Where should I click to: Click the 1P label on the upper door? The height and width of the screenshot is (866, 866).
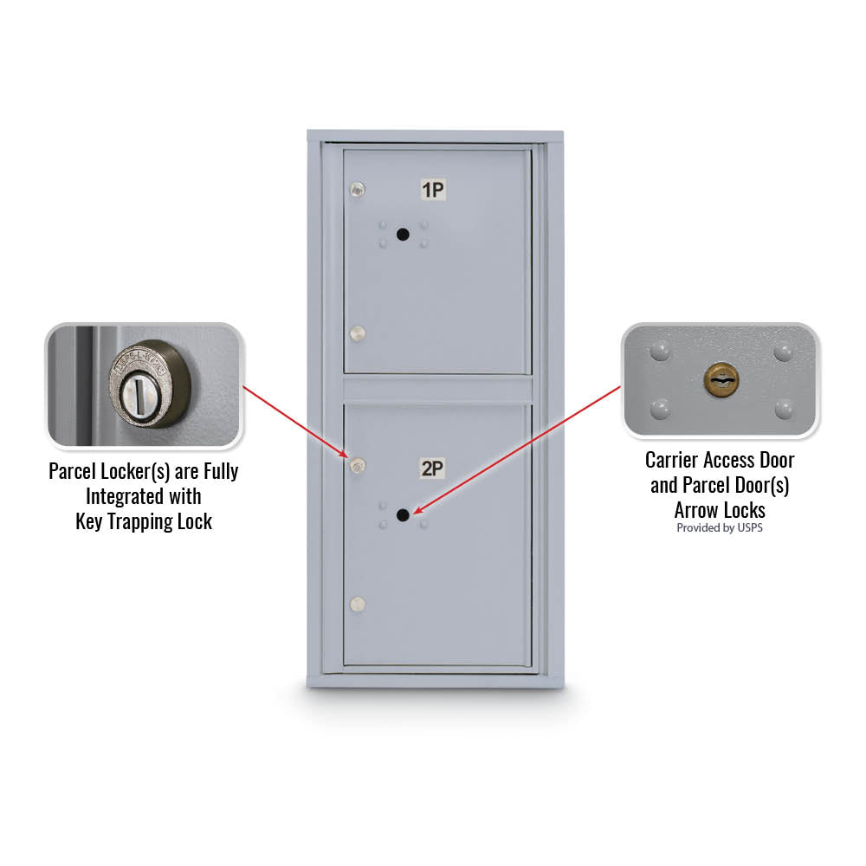click(x=433, y=190)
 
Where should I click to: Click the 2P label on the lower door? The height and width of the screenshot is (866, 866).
click(x=432, y=469)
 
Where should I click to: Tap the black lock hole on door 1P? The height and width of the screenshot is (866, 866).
click(x=404, y=235)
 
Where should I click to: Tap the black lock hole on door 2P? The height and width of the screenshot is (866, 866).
click(x=404, y=515)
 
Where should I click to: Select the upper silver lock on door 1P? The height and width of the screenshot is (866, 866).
click(x=358, y=190)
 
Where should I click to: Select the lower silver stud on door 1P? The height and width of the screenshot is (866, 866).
click(x=358, y=333)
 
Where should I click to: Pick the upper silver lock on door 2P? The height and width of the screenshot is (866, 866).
click(x=358, y=467)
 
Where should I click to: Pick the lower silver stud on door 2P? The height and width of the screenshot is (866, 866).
click(x=358, y=604)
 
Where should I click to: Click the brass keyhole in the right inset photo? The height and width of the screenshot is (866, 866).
click(x=721, y=380)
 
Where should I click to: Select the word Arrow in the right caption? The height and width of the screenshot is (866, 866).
click(x=696, y=510)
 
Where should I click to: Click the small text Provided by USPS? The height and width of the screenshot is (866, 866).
click(x=720, y=528)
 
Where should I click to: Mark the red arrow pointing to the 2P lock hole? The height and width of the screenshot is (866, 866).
click(x=517, y=450)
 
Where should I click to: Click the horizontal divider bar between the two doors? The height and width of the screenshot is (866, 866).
click(x=437, y=390)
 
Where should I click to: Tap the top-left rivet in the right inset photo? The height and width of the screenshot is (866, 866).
click(x=660, y=351)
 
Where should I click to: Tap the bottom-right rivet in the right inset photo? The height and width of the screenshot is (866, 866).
click(x=784, y=410)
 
